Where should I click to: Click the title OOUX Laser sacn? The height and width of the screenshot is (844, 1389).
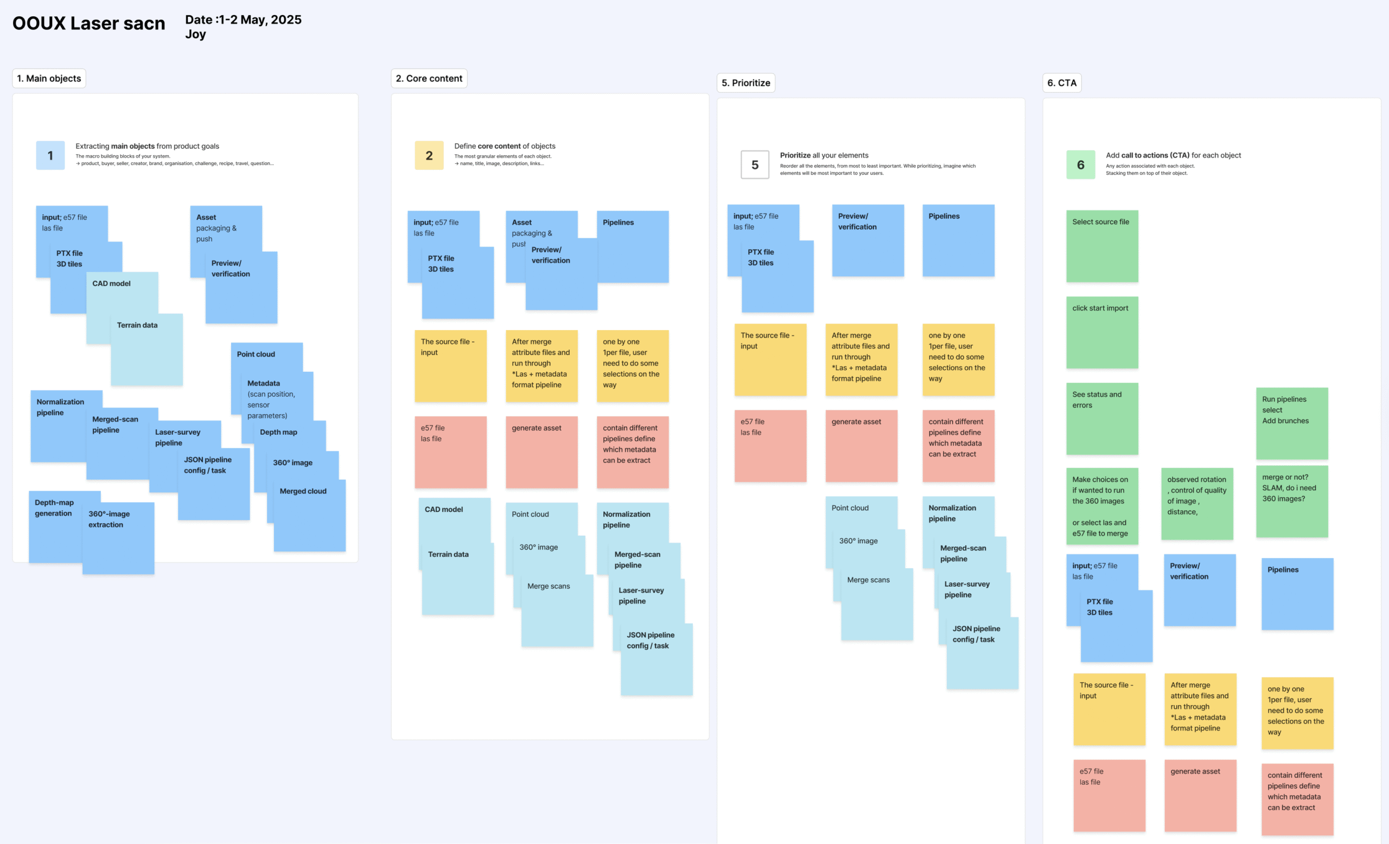pyautogui.click(x=88, y=23)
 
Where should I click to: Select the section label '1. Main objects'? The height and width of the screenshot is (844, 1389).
pyautogui.click(x=49, y=78)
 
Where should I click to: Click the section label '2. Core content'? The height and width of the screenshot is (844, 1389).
pyautogui.click(x=429, y=78)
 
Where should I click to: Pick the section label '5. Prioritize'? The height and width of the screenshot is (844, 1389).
pyautogui.click(x=746, y=83)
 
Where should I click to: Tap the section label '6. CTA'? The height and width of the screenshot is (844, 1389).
pyautogui.click(x=1061, y=83)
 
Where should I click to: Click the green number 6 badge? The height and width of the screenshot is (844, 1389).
pyautogui.click(x=1081, y=164)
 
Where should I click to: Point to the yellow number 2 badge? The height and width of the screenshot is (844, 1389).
pyautogui.click(x=429, y=156)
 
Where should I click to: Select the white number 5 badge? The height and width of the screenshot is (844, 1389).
pyautogui.click(x=755, y=164)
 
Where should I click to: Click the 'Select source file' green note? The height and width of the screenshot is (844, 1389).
pyautogui.click(x=1102, y=246)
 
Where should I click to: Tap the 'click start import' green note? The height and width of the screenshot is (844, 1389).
pyautogui.click(x=1102, y=333)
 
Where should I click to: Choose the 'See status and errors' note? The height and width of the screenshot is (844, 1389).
pyautogui.click(x=1102, y=419)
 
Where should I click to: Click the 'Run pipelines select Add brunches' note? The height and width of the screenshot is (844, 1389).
pyautogui.click(x=1292, y=423)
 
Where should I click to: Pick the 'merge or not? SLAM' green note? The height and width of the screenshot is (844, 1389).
pyautogui.click(x=1292, y=501)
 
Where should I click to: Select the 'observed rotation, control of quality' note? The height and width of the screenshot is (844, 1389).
pyautogui.click(x=1197, y=504)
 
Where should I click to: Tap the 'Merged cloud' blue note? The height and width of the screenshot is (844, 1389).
pyautogui.click(x=309, y=515)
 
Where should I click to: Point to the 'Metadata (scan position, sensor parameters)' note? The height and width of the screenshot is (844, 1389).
pyautogui.click(x=277, y=407)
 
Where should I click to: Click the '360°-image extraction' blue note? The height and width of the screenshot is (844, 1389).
pyautogui.click(x=118, y=538)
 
